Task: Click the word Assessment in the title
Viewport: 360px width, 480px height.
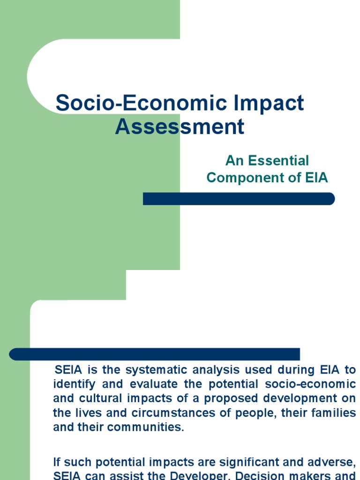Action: coord(180,127)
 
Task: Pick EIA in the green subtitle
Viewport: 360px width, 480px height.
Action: coord(315,178)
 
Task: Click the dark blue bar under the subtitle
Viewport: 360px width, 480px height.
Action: coord(239,199)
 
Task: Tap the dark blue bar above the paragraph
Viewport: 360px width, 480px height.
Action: coord(155,354)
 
